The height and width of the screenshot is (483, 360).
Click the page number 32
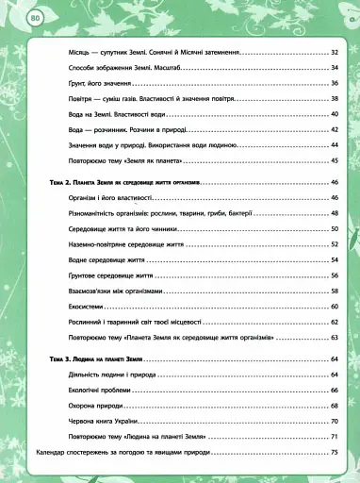click(x=334, y=53)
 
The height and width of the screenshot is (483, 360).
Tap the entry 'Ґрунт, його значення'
click(x=96, y=84)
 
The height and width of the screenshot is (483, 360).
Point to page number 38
click(x=334, y=99)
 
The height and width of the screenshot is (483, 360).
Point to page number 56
click(x=334, y=275)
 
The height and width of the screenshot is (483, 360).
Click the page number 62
click(x=334, y=321)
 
